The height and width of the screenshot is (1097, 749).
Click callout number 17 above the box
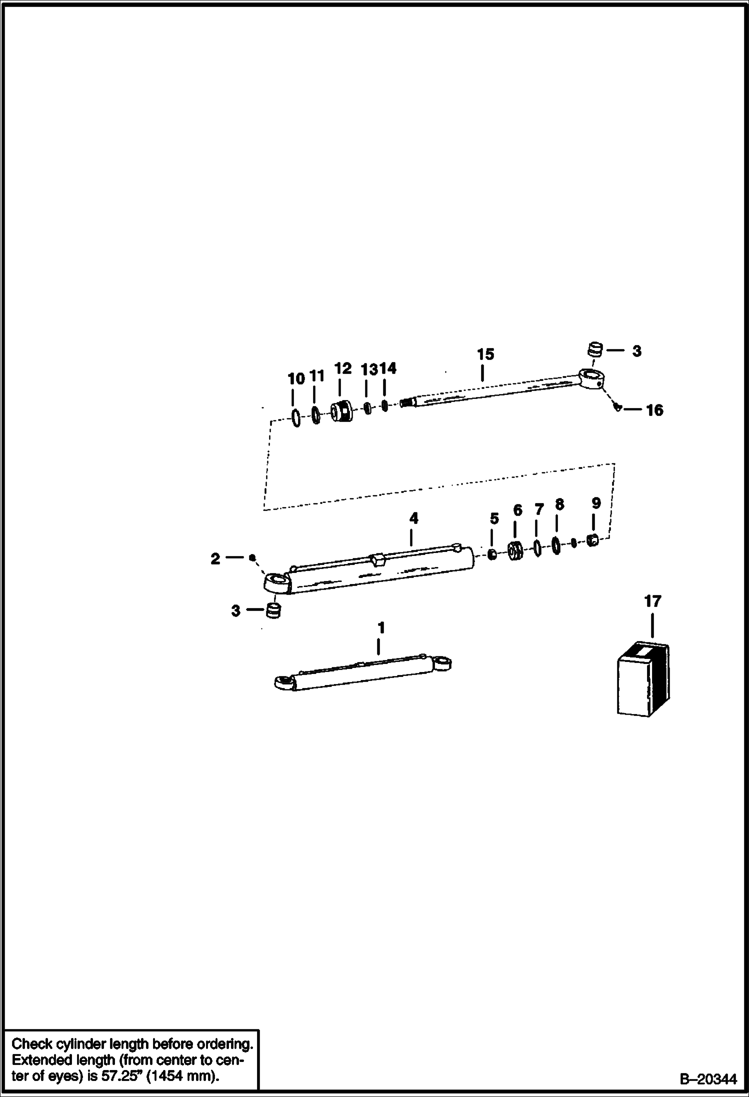click(652, 601)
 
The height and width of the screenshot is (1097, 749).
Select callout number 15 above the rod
click(485, 354)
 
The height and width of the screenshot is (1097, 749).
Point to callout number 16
click(654, 410)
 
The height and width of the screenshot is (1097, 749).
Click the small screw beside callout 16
click(618, 408)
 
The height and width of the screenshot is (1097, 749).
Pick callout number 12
click(342, 368)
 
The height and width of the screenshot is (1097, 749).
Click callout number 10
click(296, 378)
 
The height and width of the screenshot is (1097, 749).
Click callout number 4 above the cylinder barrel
click(413, 518)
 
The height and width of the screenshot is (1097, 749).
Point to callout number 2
click(215, 559)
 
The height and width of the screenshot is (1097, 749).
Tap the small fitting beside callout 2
click(252, 557)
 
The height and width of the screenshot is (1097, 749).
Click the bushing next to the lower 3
click(273, 611)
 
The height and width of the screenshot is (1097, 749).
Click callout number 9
click(595, 503)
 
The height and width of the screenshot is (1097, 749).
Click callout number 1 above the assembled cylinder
click(381, 627)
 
